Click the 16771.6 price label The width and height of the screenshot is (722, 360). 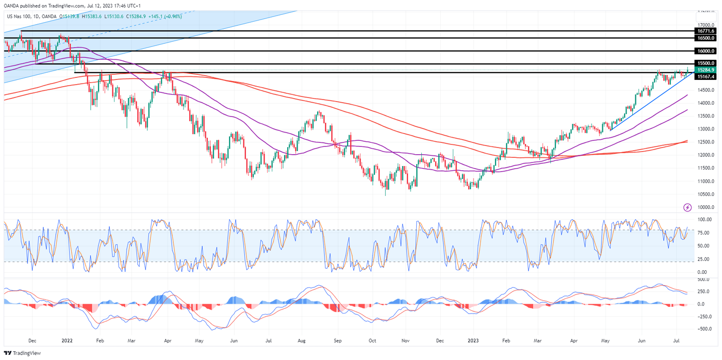[x=705, y=31]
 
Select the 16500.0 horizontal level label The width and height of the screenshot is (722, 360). [x=705, y=38]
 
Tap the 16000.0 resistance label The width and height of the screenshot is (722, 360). [x=705, y=51]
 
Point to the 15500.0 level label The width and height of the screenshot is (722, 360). [x=705, y=63]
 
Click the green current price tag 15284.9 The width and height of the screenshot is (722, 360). [x=705, y=70]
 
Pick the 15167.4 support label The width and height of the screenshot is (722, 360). [x=705, y=76]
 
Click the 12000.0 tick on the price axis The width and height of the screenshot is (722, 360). [x=705, y=155]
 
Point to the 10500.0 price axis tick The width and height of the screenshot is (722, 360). [x=705, y=194]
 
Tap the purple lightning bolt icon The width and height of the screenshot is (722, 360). [x=687, y=207]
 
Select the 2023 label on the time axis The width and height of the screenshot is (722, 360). [x=473, y=341]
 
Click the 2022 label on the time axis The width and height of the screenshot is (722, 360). [x=68, y=341]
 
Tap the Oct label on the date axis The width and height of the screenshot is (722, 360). [x=372, y=341]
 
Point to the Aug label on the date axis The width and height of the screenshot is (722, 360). [x=302, y=341]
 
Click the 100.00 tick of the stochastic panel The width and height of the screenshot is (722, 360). [x=704, y=220]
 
